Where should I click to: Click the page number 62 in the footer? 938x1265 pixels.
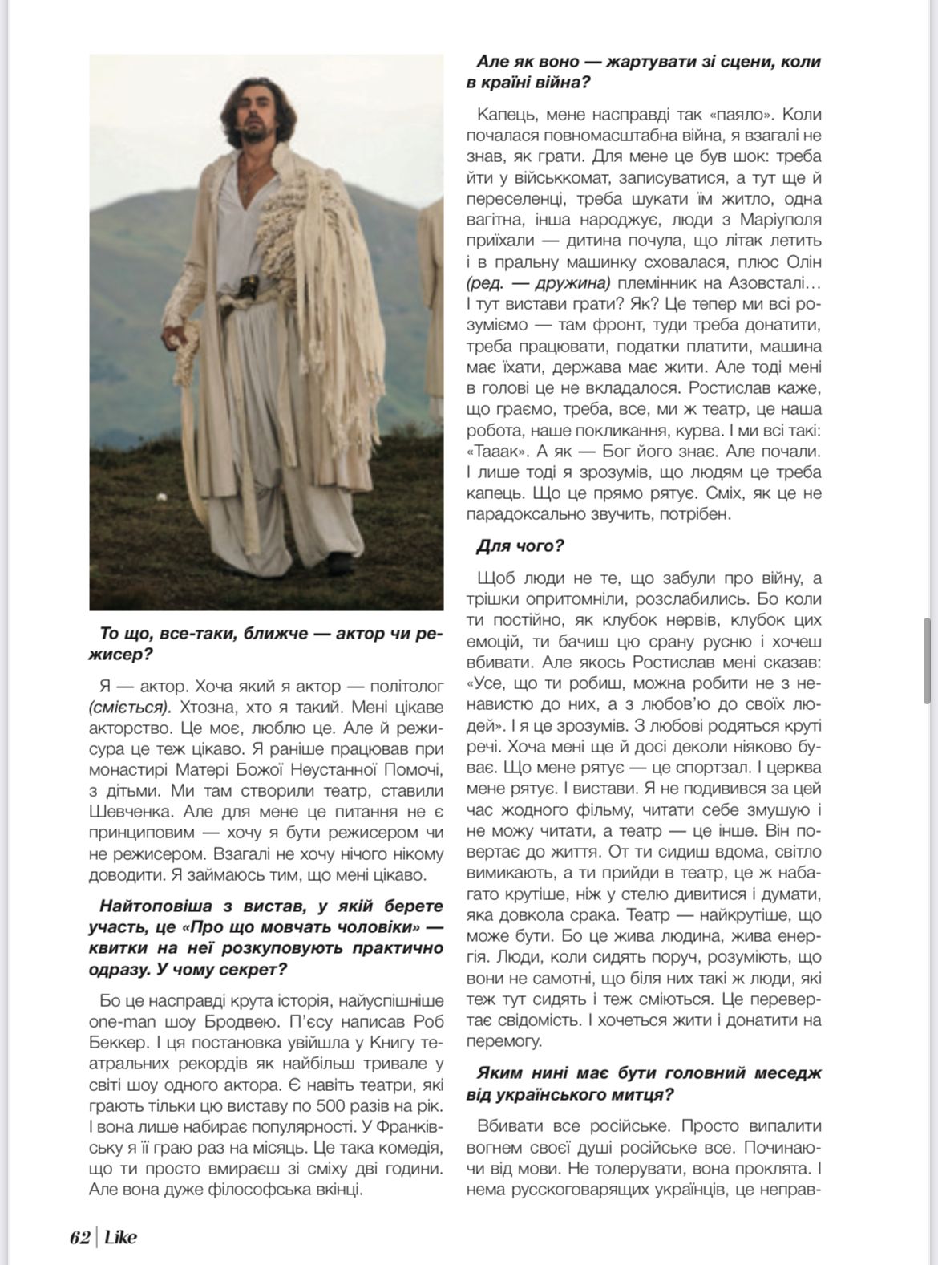[x=79, y=1237]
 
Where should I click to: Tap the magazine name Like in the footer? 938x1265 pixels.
[x=121, y=1237]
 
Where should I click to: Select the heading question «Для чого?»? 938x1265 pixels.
[x=520, y=546]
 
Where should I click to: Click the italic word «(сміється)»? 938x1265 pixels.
[x=129, y=708]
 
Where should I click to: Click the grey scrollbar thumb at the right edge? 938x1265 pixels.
[x=928, y=661]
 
